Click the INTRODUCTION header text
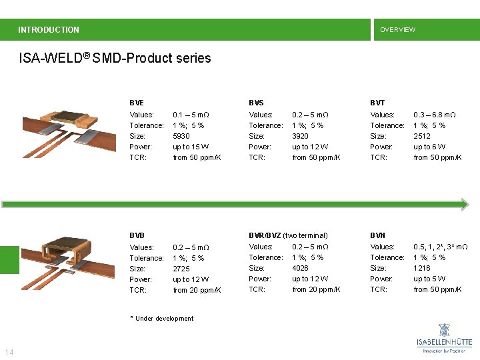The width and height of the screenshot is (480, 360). pyautogui.click(x=49, y=29)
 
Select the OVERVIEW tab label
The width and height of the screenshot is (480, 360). pyautogui.click(x=397, y=29)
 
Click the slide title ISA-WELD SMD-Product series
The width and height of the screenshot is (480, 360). pyautogui.click(x=115, y=58)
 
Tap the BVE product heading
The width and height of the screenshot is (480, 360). pyautogui.click(x=137, y=103)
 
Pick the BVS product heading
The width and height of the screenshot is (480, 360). pyautogui.click(x=256, y=103)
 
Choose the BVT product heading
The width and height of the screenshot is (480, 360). pyautogui.click(x=377, y=103)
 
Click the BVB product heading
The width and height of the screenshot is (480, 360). pyautogui.click(x=137, y=235)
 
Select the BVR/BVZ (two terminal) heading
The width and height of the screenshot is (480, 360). pyautogui.click(x=288, y=235)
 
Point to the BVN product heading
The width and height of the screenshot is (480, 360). pyautogui.click(x=377, y=235)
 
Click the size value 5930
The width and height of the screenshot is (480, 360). pyautogui.click(x=181, y=136)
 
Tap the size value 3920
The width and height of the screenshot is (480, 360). pyautogui.click(x=301, y=136)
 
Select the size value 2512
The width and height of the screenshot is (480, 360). pyautogui.click(x=422, y=136)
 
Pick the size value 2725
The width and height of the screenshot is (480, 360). pyautogui.click(x=181, y=269)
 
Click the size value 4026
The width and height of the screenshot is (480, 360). pyautogui.click(x=301, y=268)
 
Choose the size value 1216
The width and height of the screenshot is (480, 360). pyautogui.click(x=422, y=268)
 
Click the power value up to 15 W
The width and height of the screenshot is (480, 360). pyautogui.click(x=191, y=147)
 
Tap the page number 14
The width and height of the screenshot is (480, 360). pyautogui.click(x=9, y=352)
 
